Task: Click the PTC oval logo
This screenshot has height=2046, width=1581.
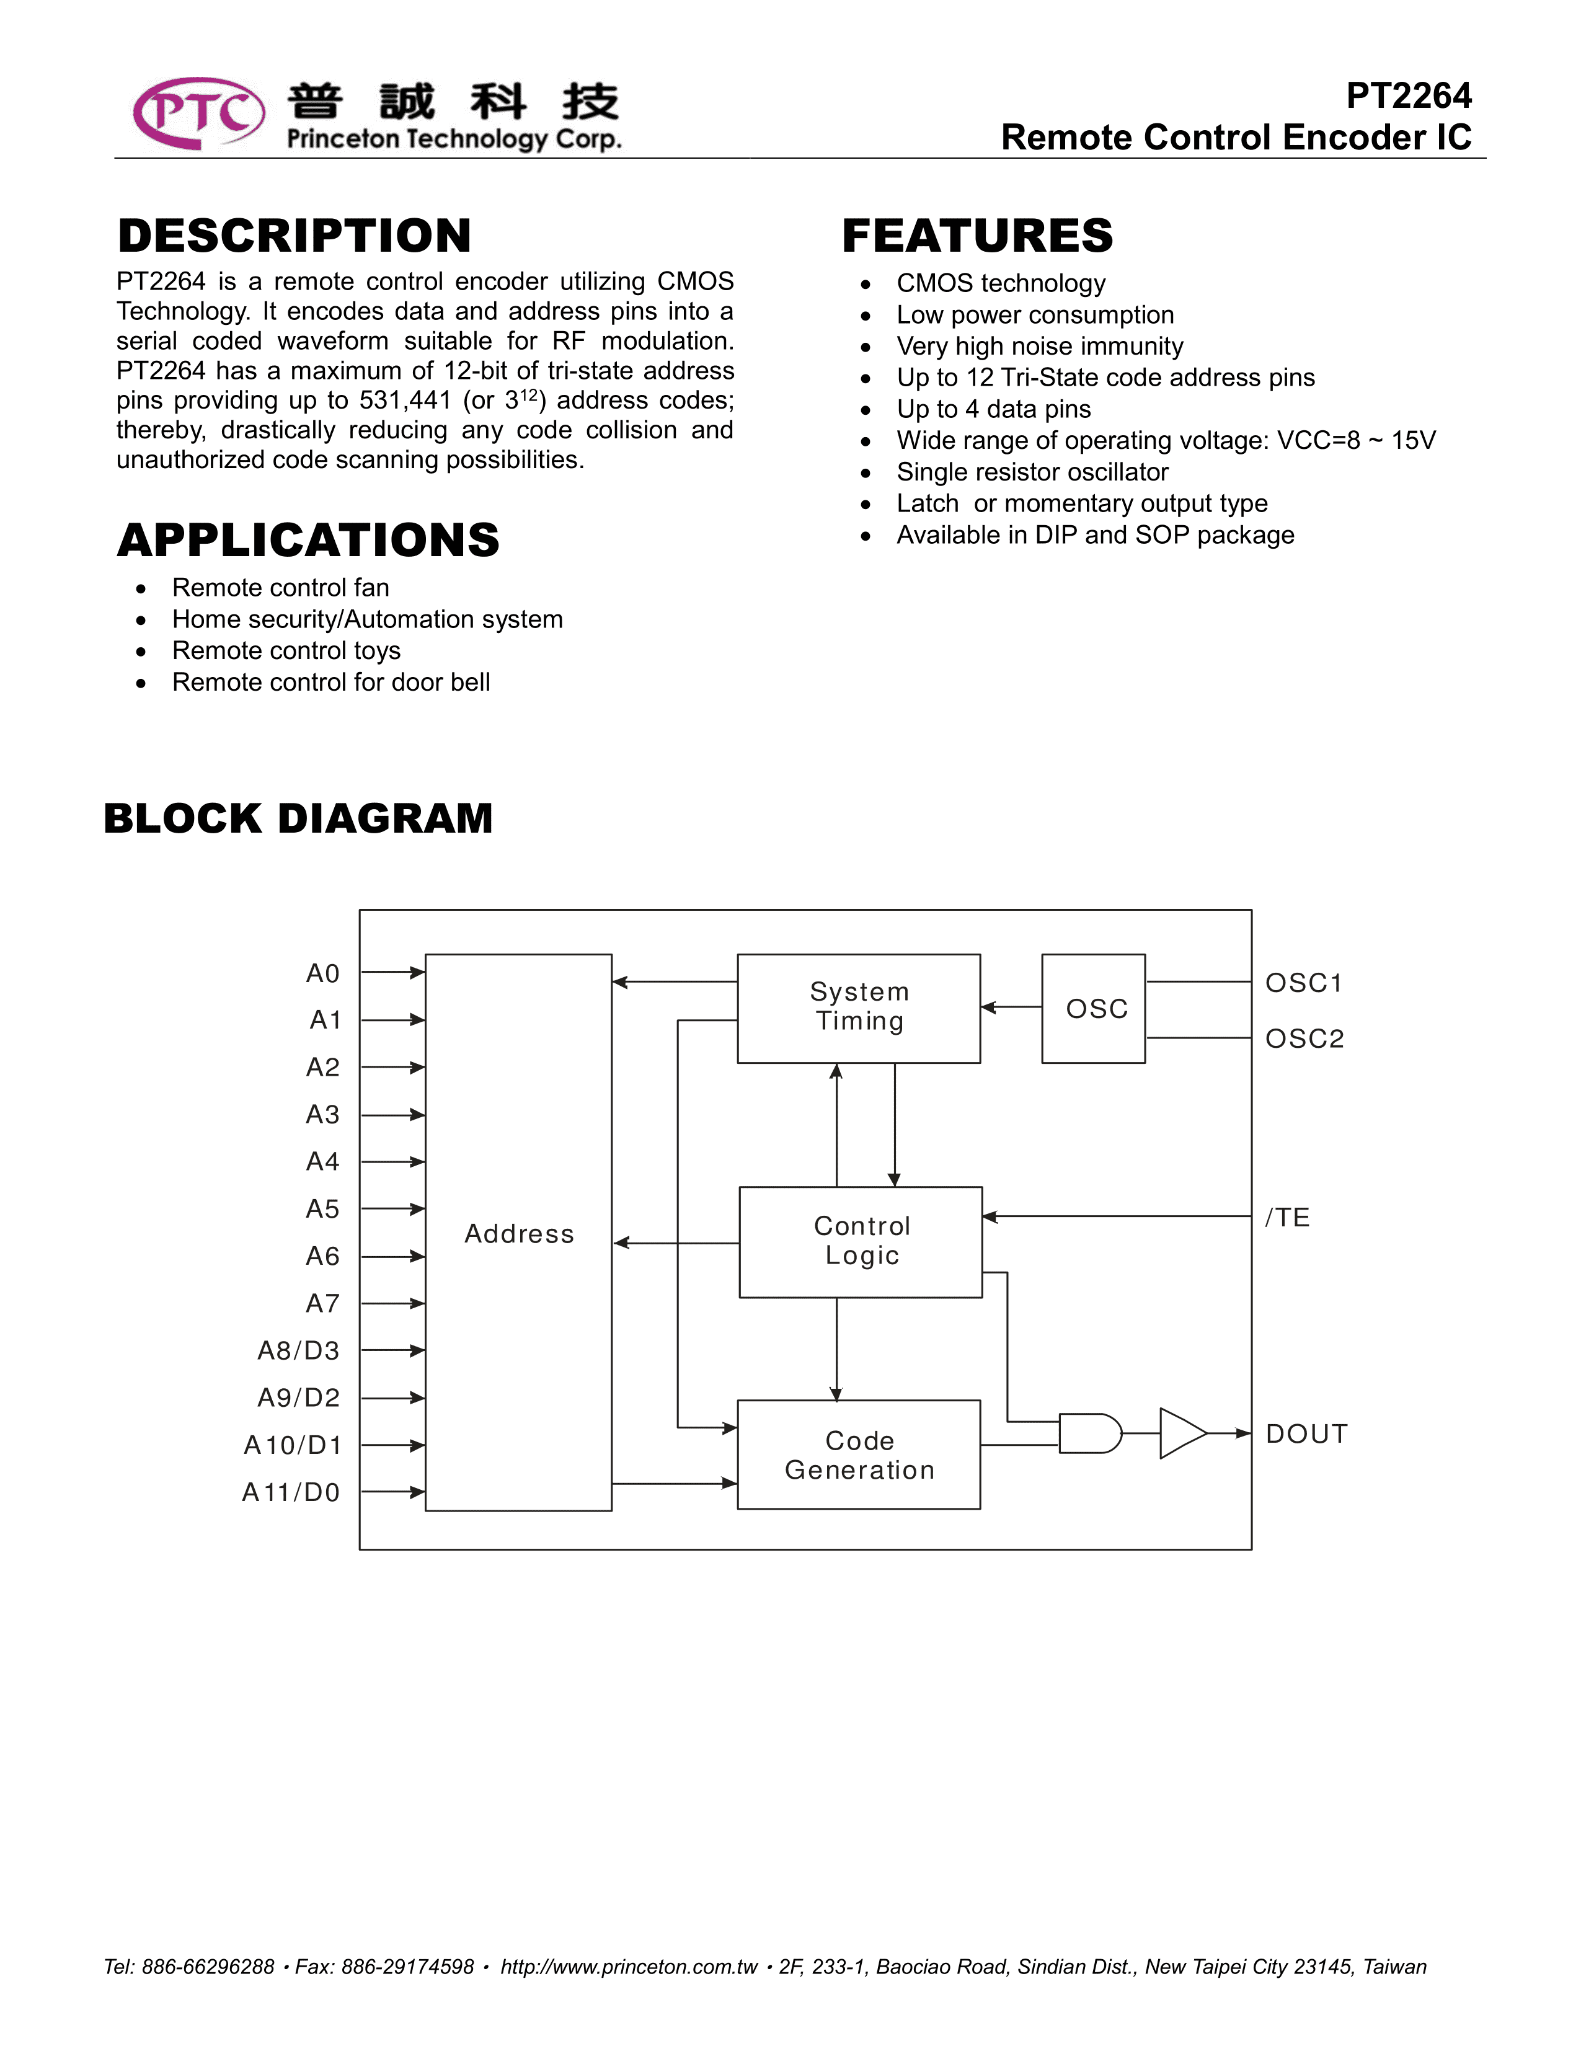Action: click(198, 113)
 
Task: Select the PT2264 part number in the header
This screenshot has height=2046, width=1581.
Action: click(1408, 95)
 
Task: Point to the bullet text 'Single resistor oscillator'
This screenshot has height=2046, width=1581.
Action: click(1032, 472)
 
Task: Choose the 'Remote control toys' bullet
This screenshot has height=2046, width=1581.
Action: click(286, 651)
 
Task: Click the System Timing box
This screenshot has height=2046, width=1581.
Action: click(859, 1008)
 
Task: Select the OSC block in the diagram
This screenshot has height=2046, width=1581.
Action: click(1093, 1008)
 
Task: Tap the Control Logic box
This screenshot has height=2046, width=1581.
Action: click(861, 1241)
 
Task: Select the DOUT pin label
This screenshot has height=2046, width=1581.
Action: click(1306, 1434)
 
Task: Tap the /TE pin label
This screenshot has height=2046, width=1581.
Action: click(1287, 1218)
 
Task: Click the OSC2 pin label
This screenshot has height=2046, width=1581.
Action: click(1304, 1039)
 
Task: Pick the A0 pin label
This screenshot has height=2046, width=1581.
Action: click(322, 974)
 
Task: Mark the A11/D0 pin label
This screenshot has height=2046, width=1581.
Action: click(290, 1492)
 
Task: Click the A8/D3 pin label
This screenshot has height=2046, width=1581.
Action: click(298, 1351)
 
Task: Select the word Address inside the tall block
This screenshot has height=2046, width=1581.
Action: click(519, 1234)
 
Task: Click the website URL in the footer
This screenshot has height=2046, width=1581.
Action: click(629, 1967)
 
